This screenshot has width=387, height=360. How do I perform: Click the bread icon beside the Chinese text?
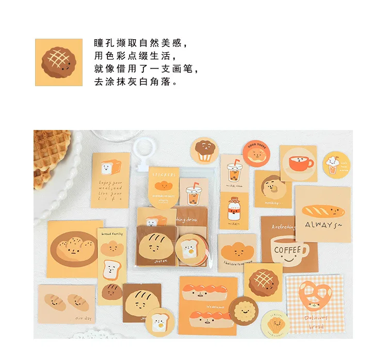[x=58, y=62]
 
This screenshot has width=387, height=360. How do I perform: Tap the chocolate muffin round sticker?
[x=204, y=151]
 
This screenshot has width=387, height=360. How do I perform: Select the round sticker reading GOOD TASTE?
[x=256, y=153]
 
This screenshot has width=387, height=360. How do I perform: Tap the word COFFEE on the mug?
[x=287, y=250]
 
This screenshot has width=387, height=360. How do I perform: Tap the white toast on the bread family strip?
[x=111, y=268]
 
